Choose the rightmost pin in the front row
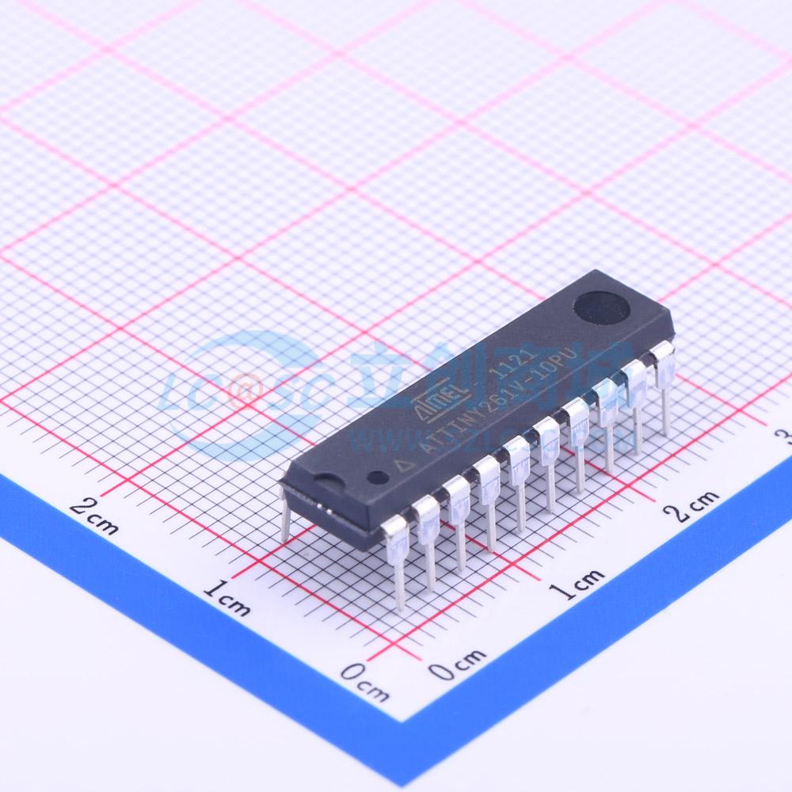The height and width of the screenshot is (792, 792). tap(664, 388)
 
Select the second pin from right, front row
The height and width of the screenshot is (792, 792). tap(636, 405)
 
